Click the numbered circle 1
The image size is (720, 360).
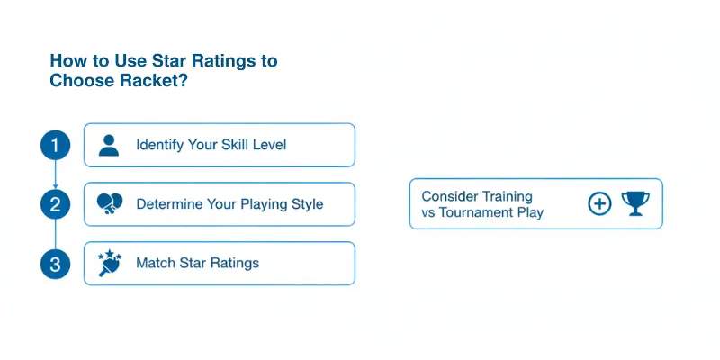click(55, 145)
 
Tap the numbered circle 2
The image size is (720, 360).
click(55, 204)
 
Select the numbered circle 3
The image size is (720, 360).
click(55, 264)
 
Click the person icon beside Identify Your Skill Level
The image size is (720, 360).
click(109, 145)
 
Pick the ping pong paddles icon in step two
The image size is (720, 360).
click(109, 204)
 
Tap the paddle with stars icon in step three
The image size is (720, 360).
click(108, 263)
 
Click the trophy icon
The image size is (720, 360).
click(635, 203)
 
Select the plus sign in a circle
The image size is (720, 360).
click(599, 203)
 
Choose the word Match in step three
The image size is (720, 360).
click(156, 264)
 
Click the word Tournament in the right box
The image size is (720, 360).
click(490, 212)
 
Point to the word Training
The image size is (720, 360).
click(507, 196)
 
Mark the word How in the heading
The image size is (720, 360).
click(66, 60)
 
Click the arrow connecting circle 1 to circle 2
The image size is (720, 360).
click(55, 175)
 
